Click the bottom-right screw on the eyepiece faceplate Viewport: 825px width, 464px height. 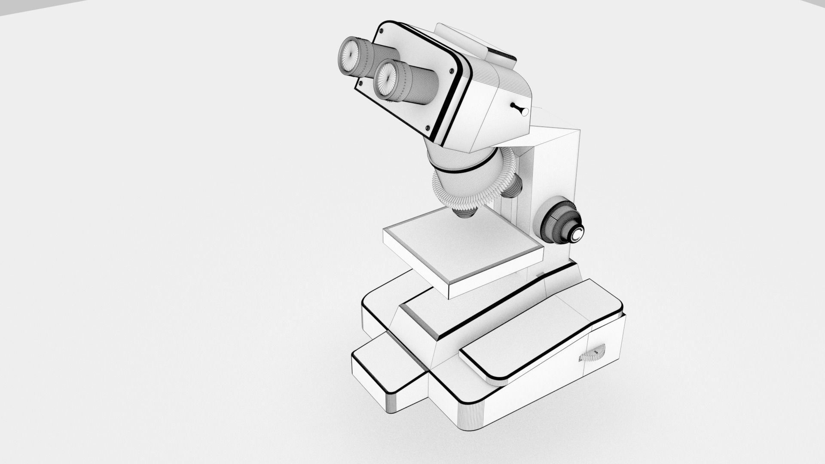tap(427, 128)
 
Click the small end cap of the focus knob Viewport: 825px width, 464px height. tap(576, 234)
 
